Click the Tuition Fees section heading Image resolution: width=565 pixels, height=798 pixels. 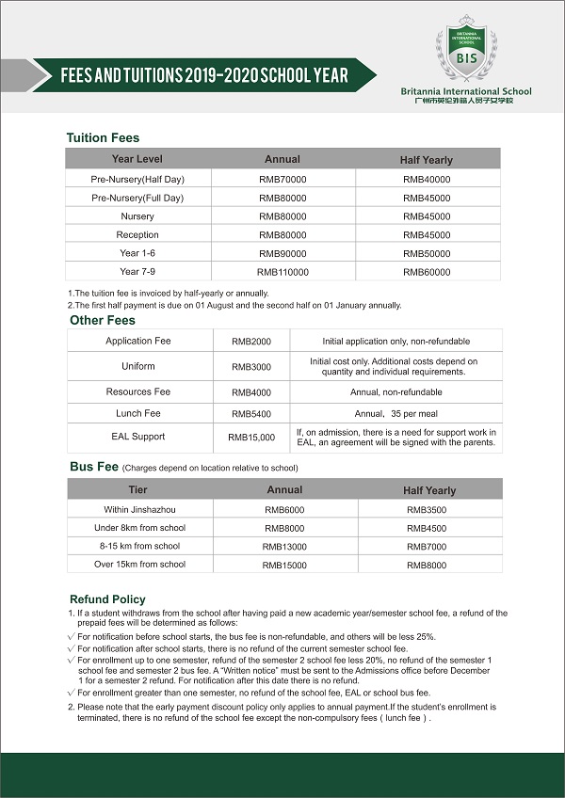point(103,138)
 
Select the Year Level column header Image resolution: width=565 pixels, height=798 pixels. point(137,159)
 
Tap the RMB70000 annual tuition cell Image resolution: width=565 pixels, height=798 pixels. point(282,179)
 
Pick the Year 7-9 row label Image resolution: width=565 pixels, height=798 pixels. point(137,271)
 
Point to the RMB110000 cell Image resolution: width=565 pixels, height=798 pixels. point(282,271)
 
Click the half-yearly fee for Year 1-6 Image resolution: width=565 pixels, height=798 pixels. point(427,253)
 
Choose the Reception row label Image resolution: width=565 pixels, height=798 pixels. point(137,234)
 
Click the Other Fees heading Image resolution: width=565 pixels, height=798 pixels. point(103,320)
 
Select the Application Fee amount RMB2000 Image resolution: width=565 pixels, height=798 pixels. point(251,341)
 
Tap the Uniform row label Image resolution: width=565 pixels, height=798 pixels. point(138,366)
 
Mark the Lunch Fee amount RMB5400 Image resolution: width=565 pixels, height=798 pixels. point(251,413)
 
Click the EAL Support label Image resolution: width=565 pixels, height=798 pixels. point(138,437)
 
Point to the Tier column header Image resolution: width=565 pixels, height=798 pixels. point(137,489)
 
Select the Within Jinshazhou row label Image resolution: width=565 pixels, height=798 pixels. point(137,509)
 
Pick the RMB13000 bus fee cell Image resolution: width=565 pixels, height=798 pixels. point(284,546)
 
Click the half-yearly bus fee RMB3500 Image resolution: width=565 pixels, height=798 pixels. point(428,509)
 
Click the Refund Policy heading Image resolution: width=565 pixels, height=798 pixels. point(107,599)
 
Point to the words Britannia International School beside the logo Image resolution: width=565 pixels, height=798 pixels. point(465,91)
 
